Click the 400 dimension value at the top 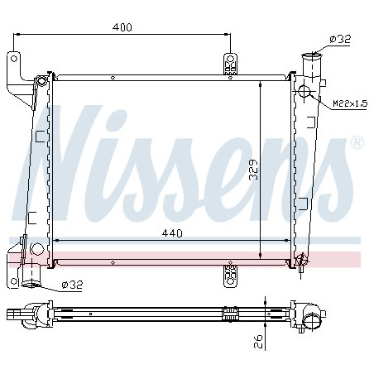(122, 27)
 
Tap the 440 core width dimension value (172, 233)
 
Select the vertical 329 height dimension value (253, 170)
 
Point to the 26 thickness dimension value (259, 342)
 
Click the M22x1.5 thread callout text (350, 103)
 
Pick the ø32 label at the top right (340, 39)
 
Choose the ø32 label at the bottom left (72, 285)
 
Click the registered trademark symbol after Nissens (357, 142)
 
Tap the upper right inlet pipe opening (312, 55)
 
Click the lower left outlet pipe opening (31, 284)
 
